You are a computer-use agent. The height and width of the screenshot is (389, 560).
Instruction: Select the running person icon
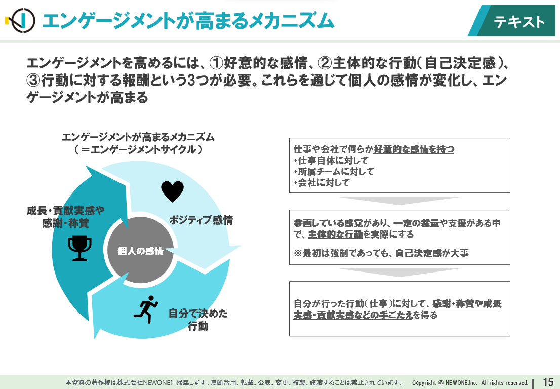tap(146, 309)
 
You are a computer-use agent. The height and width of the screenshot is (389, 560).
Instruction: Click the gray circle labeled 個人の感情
tap(140, 250)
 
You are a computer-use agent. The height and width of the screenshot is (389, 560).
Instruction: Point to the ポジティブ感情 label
tap(201, 220)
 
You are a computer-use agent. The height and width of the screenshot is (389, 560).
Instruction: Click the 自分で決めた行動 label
tap(198, 320)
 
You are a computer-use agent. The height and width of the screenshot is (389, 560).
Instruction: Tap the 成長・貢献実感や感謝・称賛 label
tap(65, 217)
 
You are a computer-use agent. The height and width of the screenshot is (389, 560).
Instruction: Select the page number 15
tap(548, 382)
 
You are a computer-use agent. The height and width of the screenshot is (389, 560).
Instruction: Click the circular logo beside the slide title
tap(21, 20)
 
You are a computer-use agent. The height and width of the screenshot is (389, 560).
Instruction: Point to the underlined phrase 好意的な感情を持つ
tap(414, 149)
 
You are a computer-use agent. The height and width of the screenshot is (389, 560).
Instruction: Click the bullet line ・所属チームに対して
tap(334, 172)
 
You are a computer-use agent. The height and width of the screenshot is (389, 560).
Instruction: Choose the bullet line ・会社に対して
tap(322, 182)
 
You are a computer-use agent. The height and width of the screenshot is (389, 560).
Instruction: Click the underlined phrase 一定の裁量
tap(416, 223)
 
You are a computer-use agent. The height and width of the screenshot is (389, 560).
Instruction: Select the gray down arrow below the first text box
tap(399, 201)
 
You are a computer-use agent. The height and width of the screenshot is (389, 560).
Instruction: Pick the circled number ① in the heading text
tap(216, 63)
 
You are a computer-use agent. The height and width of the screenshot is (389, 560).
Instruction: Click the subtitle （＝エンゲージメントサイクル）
tap(138, 149)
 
